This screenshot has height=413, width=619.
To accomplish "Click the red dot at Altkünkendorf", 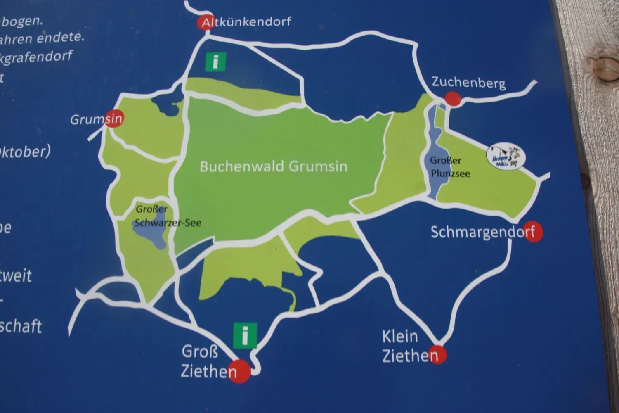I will click(x=204, y=23).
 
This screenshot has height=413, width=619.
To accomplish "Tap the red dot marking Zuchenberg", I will click(x=453, y=99).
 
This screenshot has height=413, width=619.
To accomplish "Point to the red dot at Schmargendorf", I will click(x=534, y=233).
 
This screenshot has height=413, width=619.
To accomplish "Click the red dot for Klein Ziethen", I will click(x=437, y=354).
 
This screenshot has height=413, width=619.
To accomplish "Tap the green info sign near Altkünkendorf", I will click(x=215, y=62).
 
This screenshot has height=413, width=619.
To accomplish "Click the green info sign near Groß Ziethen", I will click(x=245, y=335).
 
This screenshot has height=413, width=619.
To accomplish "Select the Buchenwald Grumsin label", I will click(x=274, y=166).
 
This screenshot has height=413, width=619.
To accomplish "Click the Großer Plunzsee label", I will click(x=449, y=167).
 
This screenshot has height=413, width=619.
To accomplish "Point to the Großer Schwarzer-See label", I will click(x=167, y=216).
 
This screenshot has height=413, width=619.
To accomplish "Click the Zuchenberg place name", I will click(x=468, y=83).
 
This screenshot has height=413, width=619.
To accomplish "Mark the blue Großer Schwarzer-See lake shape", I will click(x=149, y=235).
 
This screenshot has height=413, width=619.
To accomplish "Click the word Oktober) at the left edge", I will click(x=25, y=152).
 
